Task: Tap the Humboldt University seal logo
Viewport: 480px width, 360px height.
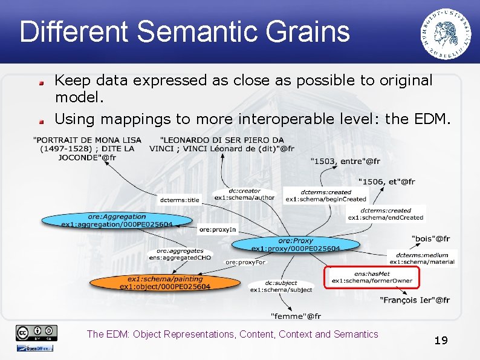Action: (446, 34)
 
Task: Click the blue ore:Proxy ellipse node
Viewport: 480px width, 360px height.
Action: (296, 244)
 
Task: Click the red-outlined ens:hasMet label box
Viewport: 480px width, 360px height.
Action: (371, 277)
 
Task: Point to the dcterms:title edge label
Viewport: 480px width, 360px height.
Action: (179, 200)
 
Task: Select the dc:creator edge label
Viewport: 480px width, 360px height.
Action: (244, 194)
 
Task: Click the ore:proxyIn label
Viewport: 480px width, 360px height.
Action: (217, 230)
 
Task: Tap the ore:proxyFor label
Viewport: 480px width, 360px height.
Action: (245, 262)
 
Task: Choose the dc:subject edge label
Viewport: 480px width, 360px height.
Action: (281, 286)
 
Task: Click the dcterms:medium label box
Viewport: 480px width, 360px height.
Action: (422, 259)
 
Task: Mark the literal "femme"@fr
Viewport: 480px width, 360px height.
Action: (296, 316)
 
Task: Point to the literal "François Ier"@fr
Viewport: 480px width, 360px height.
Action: (415, 300)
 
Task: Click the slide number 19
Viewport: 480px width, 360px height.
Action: (441, 341)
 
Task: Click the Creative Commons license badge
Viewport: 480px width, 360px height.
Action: (37, 332)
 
